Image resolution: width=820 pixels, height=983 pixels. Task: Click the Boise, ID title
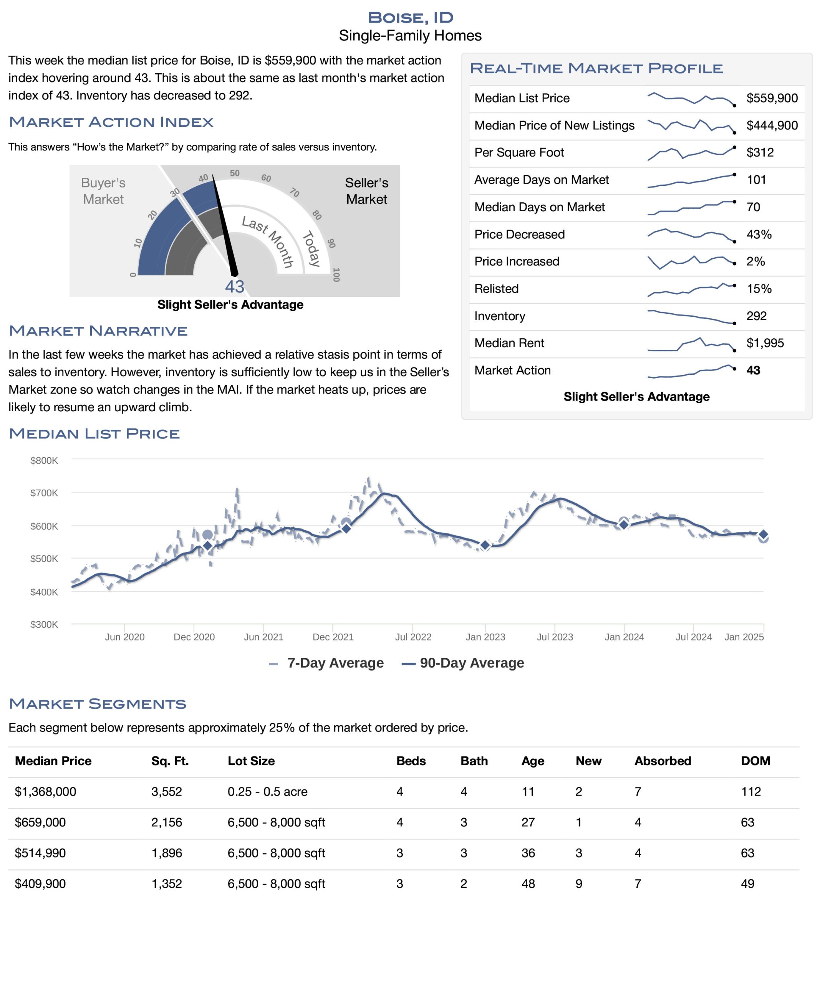(410, 17)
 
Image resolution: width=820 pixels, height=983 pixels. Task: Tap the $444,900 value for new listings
(772, 126)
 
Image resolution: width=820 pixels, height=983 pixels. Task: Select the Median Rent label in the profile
(509, 343)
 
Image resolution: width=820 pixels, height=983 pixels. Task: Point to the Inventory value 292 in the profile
(756, 316)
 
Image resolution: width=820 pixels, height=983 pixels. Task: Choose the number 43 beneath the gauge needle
(235, 286)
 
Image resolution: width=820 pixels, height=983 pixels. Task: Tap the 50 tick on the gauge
(235, 173)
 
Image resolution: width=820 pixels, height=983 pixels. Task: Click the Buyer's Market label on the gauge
(103, 191)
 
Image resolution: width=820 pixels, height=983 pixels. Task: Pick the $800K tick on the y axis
(44, 461)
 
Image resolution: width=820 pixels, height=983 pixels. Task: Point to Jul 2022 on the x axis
(413, 637)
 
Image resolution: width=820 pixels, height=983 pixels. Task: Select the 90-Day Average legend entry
(463, 663)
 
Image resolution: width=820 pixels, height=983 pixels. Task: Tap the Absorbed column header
(663, 761)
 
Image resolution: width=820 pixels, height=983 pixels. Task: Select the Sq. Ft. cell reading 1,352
(167, 884)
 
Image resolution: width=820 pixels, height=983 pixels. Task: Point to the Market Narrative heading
(98, 331)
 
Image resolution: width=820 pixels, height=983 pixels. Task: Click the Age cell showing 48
(528, 884)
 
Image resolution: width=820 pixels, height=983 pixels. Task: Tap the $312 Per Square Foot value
(760, 152)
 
